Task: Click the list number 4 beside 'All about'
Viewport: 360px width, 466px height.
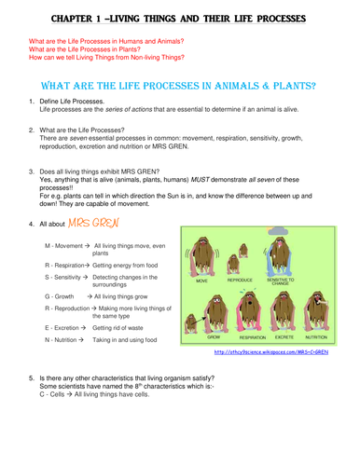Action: pos(32,226)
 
